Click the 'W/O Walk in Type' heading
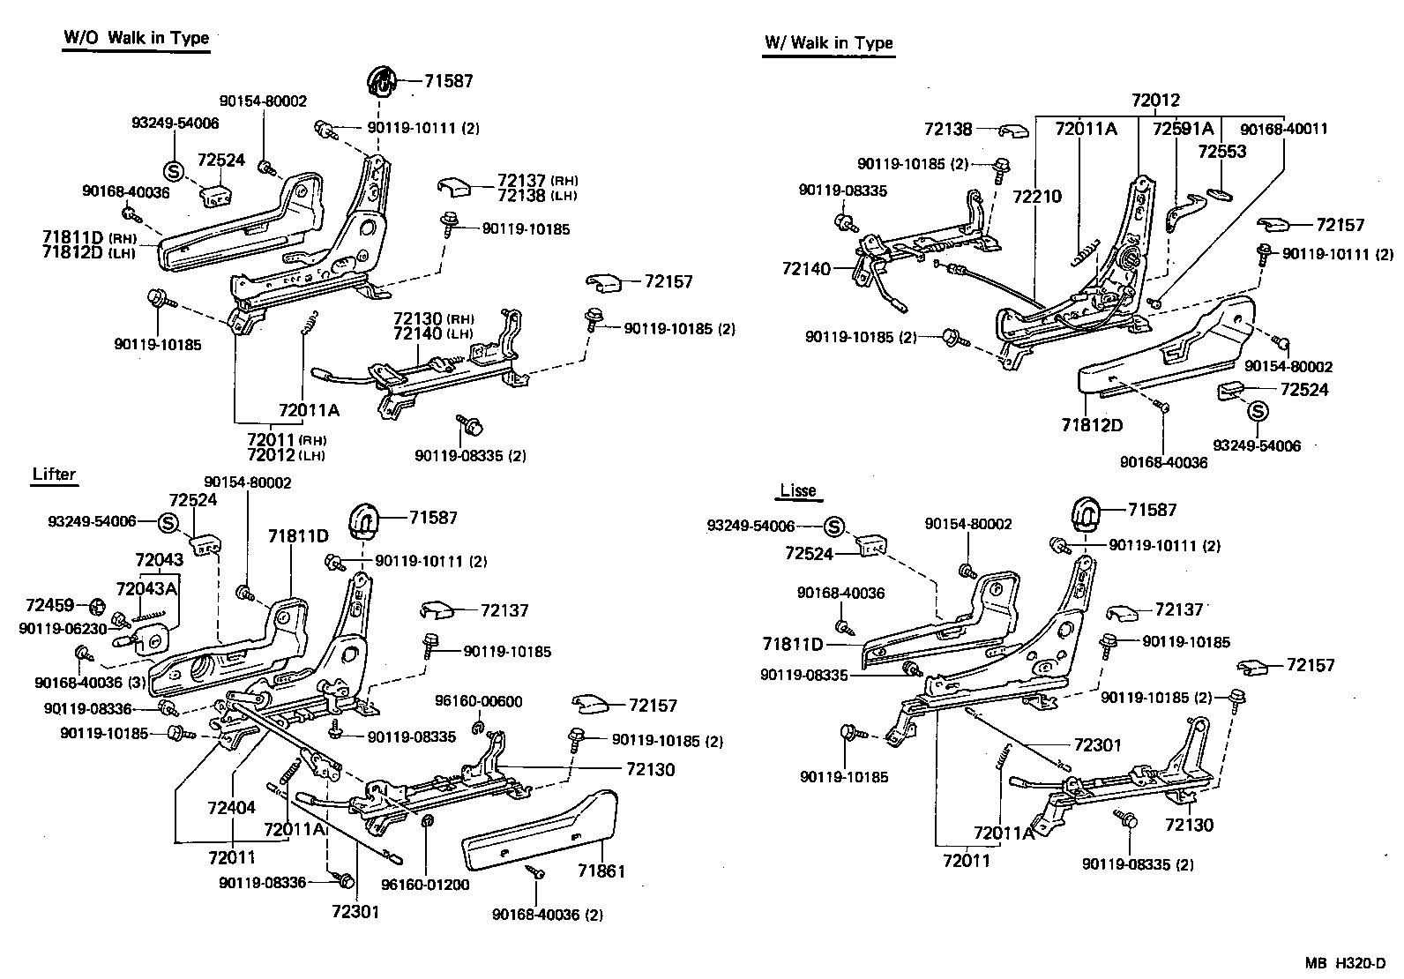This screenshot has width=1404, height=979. (x=136, y=39)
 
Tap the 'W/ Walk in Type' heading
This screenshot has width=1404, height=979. (x=828, y=43)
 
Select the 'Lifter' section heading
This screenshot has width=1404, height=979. (x=54, y=475)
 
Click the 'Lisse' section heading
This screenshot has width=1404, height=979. (x=798, y=491)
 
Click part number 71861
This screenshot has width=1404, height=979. (x=601, y=871)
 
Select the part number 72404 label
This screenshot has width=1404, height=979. (x=232, y=807)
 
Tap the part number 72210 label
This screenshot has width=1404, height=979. (x=1037, y=197)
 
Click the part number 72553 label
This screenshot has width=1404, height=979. (x=1221, y=152)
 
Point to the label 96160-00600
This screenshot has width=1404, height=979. (x=478, y=702)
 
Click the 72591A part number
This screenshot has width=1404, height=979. (x=1184, y=129)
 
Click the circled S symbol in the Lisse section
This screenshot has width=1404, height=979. (x=833, y=527)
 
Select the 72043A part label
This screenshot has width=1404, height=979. (x=146, y=588)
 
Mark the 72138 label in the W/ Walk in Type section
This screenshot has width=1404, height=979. (x=948, y=129)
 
